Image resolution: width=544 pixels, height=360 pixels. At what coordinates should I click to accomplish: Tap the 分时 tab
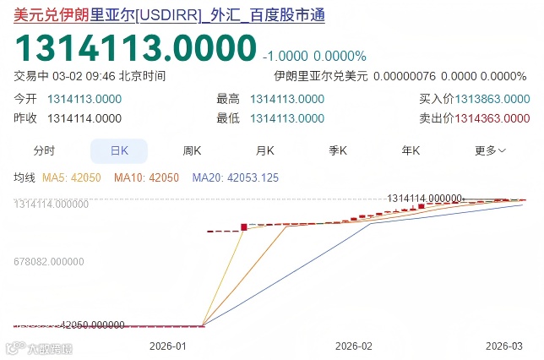click(44, 151)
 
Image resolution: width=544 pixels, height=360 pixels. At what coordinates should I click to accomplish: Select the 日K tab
click(119, 151)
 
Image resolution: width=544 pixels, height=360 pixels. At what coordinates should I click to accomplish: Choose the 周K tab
click(192, 151)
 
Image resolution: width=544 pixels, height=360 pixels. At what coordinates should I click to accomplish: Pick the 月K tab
click(265, 151)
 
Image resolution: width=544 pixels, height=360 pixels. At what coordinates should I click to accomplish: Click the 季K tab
click(338, 151)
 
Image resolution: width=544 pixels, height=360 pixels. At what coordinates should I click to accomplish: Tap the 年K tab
click(411, 151)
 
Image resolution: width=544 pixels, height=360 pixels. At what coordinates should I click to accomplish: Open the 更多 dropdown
click(490, 151)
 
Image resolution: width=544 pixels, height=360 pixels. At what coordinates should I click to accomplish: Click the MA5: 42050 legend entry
click(73, 178)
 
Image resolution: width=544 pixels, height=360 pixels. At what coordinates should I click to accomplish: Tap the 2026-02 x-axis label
click(353, 346)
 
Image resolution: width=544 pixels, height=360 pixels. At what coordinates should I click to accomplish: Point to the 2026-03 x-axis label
click(504, 346)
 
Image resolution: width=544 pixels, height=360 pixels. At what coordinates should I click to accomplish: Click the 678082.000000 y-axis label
click(52, 263)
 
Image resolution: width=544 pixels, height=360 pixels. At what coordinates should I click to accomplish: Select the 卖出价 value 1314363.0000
click(492, 118)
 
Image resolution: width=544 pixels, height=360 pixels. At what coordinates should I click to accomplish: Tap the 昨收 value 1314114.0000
click(84, 118)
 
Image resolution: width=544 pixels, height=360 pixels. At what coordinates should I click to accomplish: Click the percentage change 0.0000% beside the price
click(340, 56)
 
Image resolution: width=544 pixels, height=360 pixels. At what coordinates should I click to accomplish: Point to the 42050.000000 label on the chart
click(94, 325)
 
